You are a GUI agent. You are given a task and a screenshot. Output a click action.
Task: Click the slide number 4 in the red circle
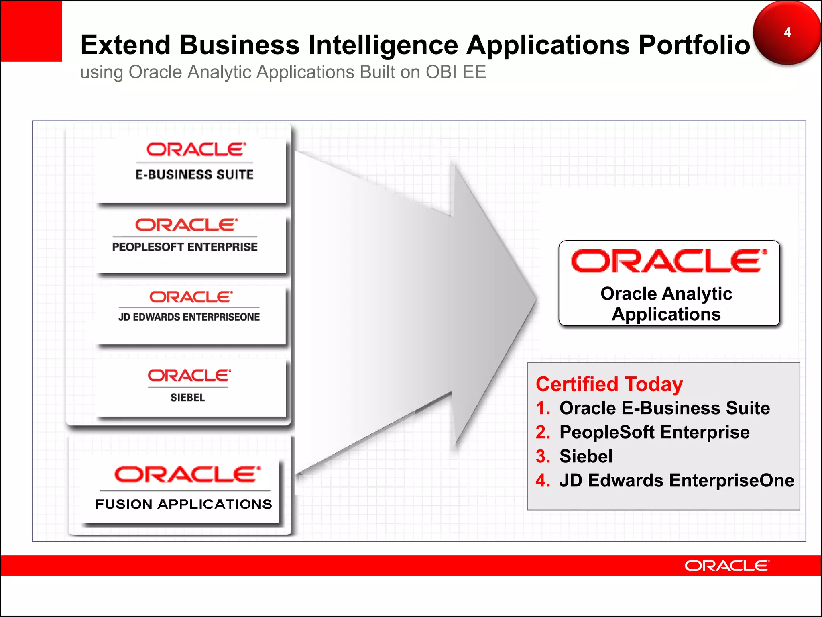coord(787,32)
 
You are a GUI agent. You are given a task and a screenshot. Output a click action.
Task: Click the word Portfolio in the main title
coord(694,45)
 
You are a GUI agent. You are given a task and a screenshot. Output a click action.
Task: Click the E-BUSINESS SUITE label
coord(195,174)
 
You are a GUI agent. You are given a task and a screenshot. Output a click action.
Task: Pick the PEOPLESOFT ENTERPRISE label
coord(185,247)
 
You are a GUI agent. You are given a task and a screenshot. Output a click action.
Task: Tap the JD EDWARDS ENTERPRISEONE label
coord(189,317)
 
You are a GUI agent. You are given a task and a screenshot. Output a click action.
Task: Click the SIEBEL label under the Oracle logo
coord(188,397)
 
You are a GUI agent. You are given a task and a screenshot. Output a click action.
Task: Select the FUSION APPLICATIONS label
coord(184,504)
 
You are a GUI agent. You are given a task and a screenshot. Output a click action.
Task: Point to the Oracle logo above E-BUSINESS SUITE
coord(196,150)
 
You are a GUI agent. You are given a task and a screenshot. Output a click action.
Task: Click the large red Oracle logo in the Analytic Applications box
coord(669,261)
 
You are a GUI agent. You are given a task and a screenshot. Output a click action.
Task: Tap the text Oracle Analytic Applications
coord(666,304)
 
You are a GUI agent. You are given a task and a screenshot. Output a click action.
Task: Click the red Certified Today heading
coord(609,384)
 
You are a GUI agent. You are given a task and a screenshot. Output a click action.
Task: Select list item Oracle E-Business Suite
coord(665,408)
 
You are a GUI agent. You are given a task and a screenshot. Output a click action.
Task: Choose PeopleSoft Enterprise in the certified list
coord(654,432)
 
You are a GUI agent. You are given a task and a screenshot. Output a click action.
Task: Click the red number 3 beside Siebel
coord(543,456)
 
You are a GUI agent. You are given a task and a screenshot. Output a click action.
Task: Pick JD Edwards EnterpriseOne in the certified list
coord(677,480)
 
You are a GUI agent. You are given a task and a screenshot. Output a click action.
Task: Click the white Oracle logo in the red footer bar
coord(727,566)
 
